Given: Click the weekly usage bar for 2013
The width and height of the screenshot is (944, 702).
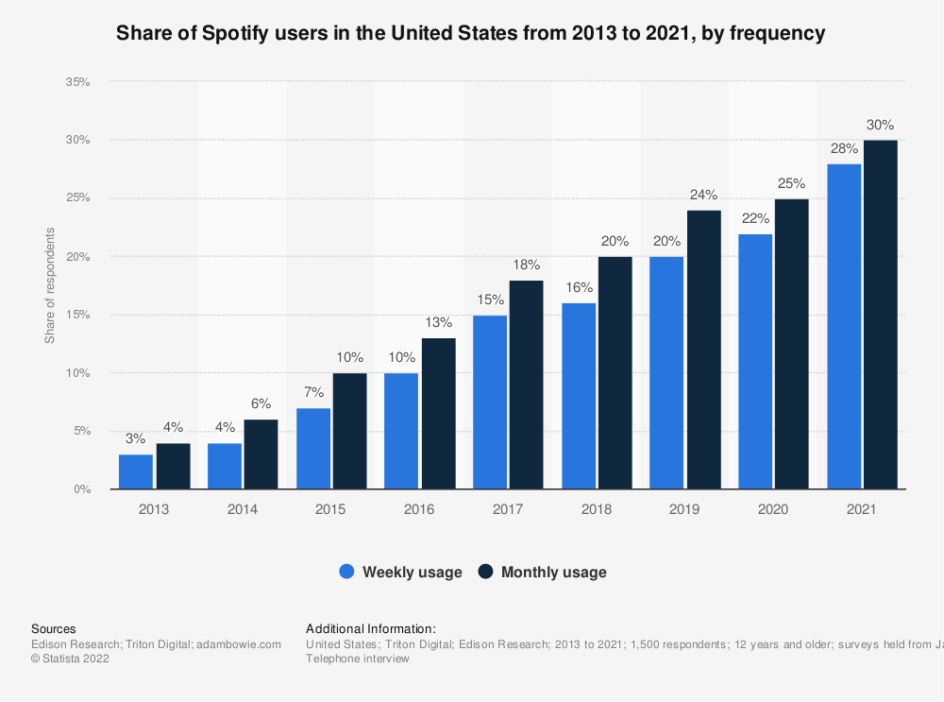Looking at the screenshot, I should click(136, 471).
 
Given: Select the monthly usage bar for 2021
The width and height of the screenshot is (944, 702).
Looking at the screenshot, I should click(880, 315).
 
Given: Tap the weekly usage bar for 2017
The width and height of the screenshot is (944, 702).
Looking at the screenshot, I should click(490, 402).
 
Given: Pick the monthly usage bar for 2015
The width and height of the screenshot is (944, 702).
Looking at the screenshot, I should click(348, 431).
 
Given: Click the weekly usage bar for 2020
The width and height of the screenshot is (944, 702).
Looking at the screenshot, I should click(755, 361).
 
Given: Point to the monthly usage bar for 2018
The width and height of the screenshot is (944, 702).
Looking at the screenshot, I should click(615, 372).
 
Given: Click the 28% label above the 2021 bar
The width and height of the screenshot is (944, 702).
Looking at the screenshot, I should click(844, 148).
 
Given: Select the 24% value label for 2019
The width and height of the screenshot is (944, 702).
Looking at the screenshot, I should click(703, 195).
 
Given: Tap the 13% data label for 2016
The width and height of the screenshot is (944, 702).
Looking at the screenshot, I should click(437, 323).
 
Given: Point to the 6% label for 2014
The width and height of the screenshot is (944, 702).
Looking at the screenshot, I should click(261, 404).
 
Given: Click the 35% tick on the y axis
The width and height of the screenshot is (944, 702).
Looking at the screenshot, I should click(77, 82).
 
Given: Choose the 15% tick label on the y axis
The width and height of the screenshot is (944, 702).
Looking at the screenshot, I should click(77, 315).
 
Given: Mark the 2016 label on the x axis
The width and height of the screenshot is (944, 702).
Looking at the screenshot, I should click(419, 509).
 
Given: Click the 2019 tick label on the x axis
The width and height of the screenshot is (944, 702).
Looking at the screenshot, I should click(684, 509).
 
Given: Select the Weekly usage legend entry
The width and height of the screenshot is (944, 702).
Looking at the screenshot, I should click(401, 572).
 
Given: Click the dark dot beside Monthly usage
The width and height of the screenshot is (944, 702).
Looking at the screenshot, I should click(486, 572).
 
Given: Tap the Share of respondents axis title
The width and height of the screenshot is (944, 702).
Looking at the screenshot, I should click(50, 285).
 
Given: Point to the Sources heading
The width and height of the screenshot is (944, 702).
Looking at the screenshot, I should click(54, 628).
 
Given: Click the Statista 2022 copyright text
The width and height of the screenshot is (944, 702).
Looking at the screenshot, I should click(71, 659).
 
